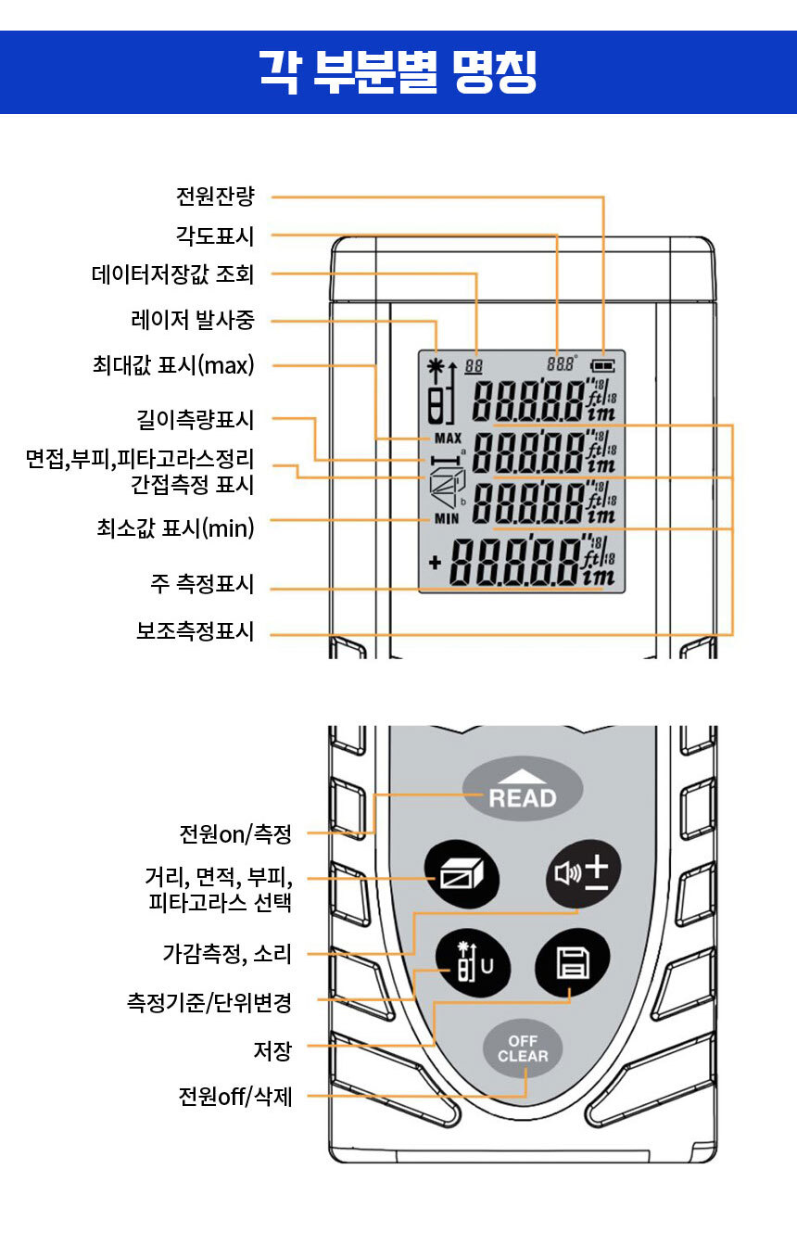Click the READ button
tap(523, 791)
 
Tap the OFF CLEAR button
tap(523, 1048)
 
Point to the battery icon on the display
tap(603, 365)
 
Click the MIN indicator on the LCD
tap(447, 519)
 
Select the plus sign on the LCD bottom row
tap(435, 563)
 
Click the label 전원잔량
tap(214, 197)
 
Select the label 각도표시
tap(214, 235)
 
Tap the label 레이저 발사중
tap(192, 321)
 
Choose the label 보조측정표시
tap(195, 632)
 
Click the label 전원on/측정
tap(235, 833)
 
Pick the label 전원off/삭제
tap(235, 1097)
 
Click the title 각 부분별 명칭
tap(398, 72)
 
